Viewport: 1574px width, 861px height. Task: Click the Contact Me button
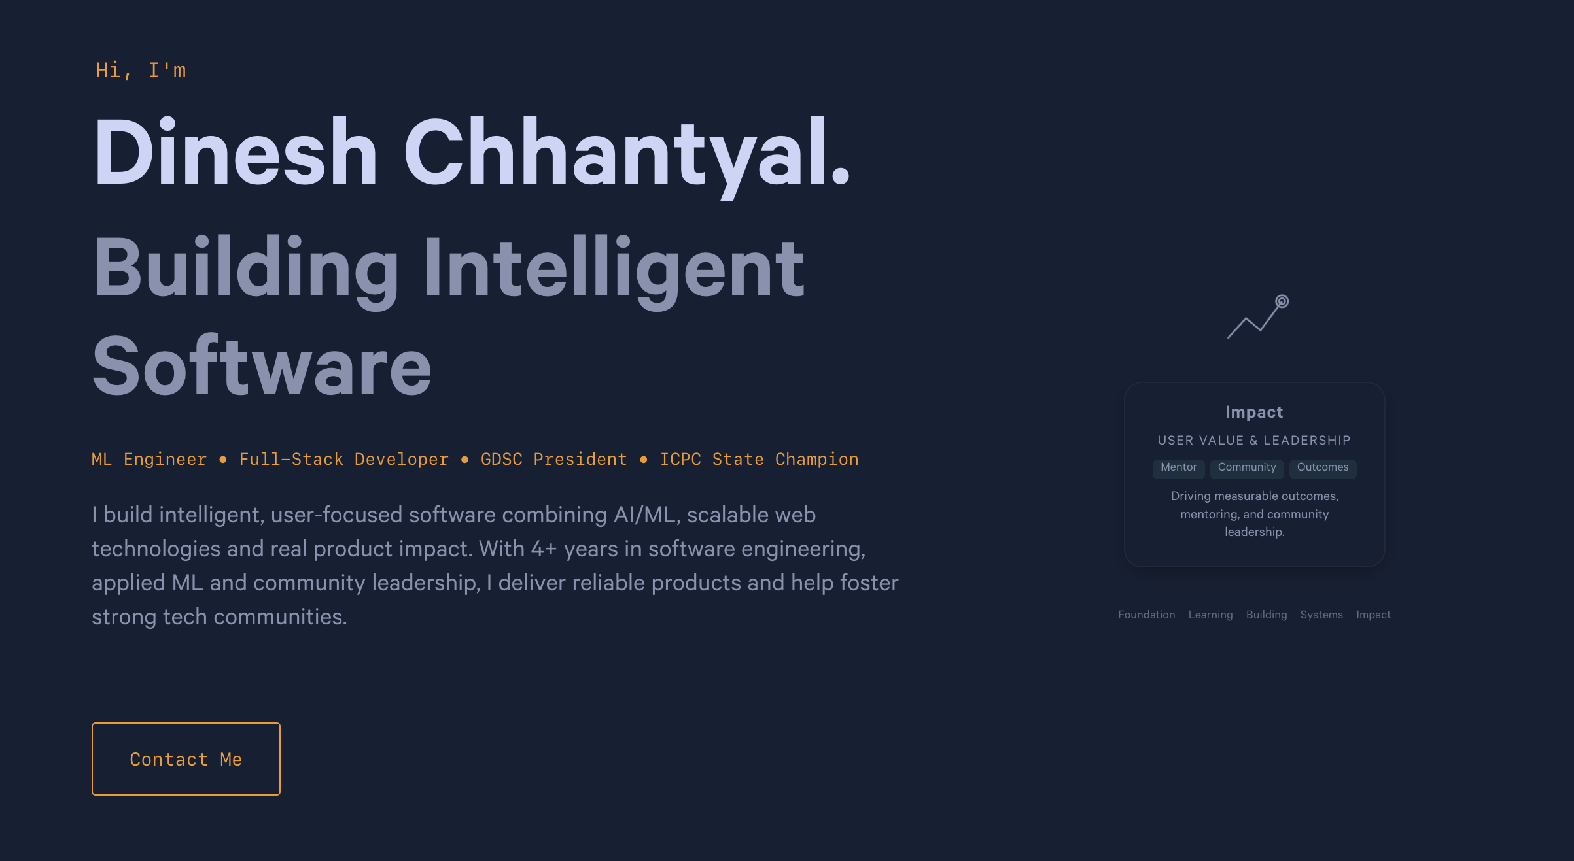186,759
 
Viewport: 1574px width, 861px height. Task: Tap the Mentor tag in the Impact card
1178,467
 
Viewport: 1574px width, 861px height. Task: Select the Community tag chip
1246,467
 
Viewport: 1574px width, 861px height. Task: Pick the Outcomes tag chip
1322,467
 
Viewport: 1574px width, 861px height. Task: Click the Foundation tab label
1146,615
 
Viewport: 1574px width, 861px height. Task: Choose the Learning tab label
1210,615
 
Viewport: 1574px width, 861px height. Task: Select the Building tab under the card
1266,615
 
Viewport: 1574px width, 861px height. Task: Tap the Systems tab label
1321,615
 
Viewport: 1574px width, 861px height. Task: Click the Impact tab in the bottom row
1373,615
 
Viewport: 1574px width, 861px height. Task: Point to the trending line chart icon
1257,317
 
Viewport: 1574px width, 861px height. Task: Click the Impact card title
1253,412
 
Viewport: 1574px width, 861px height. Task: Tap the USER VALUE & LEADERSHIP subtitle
1253,441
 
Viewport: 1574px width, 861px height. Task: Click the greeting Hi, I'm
141,70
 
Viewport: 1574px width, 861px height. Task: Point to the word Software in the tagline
262,365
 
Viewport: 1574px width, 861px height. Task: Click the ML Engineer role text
149,460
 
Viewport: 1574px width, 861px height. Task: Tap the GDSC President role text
553,460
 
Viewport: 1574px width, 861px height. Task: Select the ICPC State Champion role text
759,460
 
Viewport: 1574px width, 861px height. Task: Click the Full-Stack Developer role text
343,460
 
